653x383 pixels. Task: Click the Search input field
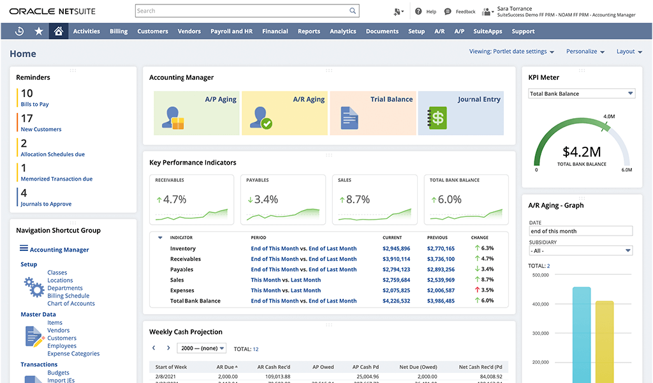pyautogui.click(x=242, y=11)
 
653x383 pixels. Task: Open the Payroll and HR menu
pyautogui.click(x=231, y=31)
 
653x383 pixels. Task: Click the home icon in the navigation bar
pyautogui.click(x=59, y=31)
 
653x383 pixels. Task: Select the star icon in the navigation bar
pyautogui.click(x=39, y=31)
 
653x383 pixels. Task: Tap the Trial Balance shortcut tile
pyautogui.click(x=372, y=113)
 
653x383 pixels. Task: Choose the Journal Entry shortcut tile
pyautogui.click(x=460, y=113)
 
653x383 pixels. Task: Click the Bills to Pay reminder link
pyautogui.click(x=34, y=104)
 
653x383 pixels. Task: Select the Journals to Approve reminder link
pyautogui.click(x=46, y=204)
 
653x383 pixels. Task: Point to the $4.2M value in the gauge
pyautogui.click(x=582, y=152)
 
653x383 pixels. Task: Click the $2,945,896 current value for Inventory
pyautogui.click(x=396, y=249)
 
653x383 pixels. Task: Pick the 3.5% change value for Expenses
pyautogui.click(x=487, y=290)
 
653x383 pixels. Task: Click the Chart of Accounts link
pyautogui.click(x=71, y=304)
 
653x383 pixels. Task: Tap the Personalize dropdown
pyautogui.click(x=585, y=52)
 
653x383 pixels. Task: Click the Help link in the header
pyautogui.click(x=430, y=11)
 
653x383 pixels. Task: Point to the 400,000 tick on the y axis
pyautogui.click(x=539, y=304)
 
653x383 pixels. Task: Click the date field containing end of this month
pyautogui.click(x=580, y=231)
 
